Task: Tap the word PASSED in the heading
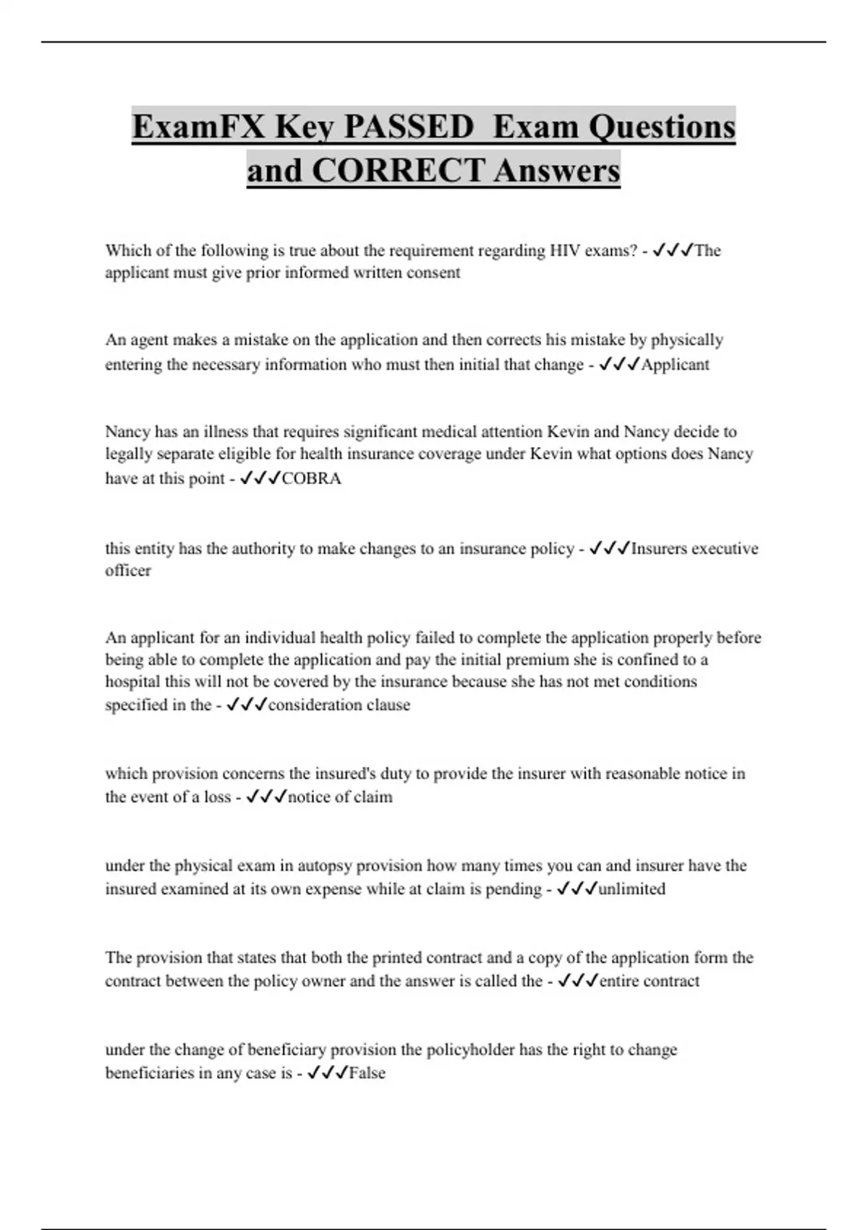click(x=408, y=127)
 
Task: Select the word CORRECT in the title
click(x=399, y=171)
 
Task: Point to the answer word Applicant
click(x=676, y=365)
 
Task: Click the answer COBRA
click(x=311, y=479)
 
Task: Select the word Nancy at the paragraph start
click(x=127, y=432)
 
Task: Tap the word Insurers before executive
click(x=659, y=548)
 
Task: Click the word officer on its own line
click(x=128, y=571)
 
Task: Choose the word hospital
click(x=135, y=682)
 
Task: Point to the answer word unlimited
click(x=631, y=889)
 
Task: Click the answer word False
click(x=367, y=1073)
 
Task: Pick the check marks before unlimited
click(x=576, y=888)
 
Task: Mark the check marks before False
click(x=328, y=1072)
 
